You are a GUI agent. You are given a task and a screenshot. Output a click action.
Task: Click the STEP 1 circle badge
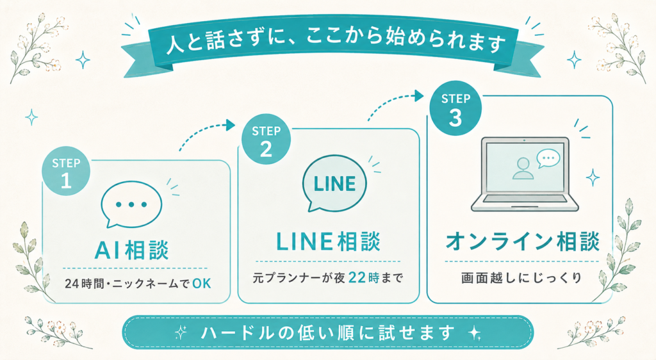click(66, 171)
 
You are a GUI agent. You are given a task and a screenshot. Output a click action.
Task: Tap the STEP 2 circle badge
click(266, 139)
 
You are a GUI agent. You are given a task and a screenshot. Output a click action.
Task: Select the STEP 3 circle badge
click(455, 108)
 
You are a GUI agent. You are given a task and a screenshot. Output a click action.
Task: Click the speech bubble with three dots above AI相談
click(131, 204)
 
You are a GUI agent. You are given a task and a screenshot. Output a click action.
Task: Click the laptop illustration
click(525, 174)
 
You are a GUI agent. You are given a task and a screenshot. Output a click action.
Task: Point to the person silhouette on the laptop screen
click(523, 169)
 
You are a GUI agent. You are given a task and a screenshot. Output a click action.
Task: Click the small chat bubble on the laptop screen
click(548, 159)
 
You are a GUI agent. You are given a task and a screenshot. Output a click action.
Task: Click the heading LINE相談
click(329, 242)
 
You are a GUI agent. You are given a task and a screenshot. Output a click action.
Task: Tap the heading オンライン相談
click(522, 242)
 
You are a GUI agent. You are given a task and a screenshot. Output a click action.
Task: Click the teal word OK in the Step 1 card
click(202, 284)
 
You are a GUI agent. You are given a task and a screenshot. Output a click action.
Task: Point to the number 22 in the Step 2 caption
click(357, 277)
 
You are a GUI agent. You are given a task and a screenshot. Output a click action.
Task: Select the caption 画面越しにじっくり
click(521, 277)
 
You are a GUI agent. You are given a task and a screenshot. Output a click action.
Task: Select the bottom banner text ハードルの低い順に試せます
click(327, 332)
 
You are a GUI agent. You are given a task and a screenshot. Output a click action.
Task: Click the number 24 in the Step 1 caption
click(72, 284)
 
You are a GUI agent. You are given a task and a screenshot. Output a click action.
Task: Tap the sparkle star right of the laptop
click(593, 177)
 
